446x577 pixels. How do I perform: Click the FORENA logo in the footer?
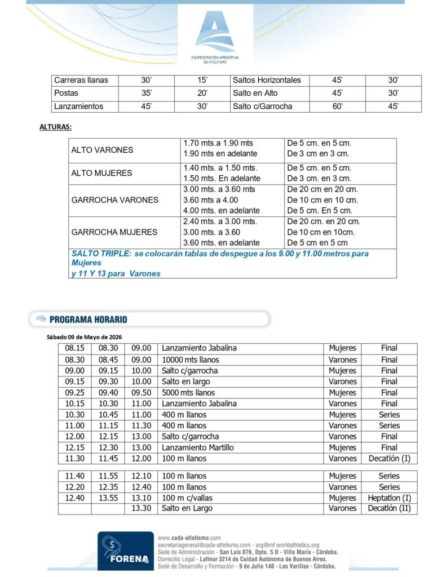point(126,552)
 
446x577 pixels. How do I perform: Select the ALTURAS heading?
point(55,127)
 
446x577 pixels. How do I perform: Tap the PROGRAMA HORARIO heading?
point(88,319)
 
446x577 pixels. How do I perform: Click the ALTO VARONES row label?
point(102,150)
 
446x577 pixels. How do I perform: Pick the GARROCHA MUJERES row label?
point(114,232)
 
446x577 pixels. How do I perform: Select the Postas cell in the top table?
point(66,93)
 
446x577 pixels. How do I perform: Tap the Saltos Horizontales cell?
point(267,80)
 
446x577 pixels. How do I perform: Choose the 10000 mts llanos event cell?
point(190,359)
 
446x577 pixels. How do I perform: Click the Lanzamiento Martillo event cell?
point(198,447)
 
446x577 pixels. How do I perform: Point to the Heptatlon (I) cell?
point(389,498)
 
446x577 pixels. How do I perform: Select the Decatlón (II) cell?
point(389,508)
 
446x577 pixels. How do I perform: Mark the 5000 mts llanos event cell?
point(188,393)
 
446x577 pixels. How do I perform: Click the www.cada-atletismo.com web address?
point(189,538)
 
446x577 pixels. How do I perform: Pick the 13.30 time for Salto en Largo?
point(140,508)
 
